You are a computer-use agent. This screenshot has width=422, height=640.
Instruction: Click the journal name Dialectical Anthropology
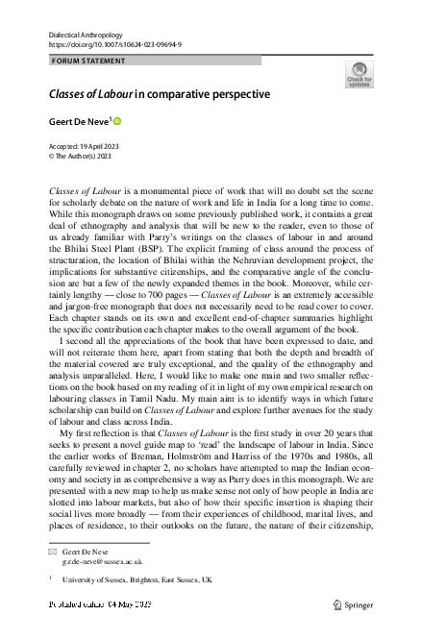(x=86, y=34)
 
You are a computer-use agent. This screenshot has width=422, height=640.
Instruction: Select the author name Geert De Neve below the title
(x=80, y=123)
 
